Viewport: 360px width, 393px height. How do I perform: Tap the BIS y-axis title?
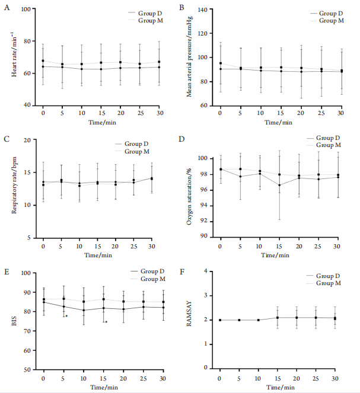pyautogui.click(x=14, y=321)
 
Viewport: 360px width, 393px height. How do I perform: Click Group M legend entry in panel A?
pyautogui.click(x=150, y=21)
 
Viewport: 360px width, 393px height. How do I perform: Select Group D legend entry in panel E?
pyautogui.click(x=150, y=271)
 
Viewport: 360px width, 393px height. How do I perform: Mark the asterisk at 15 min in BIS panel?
pyautogui.click(x=106, y=322)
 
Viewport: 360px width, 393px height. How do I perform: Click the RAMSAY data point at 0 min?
pyautogui.click(x=219, y=320)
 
